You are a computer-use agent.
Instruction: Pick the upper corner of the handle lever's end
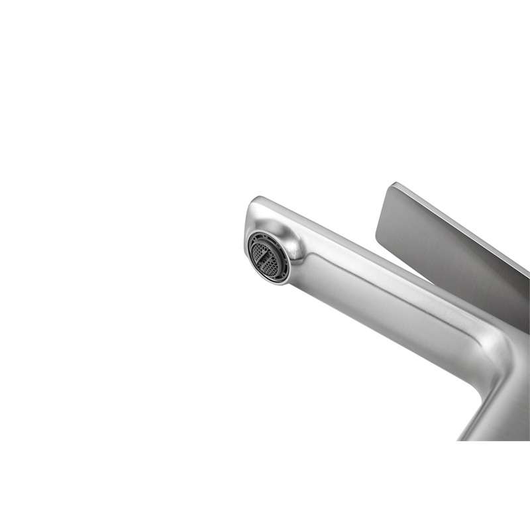pos(394,185)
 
